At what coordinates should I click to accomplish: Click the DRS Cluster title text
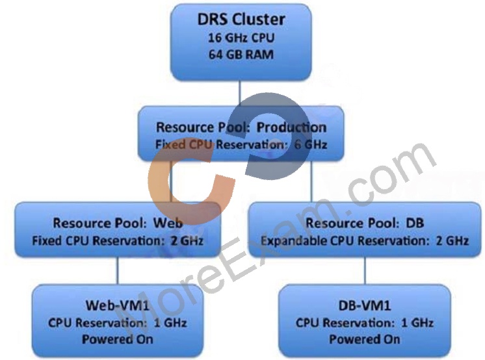click(241, 19)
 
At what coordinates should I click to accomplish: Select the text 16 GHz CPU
click(241, 38)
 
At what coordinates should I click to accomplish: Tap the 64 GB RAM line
click(241, 55)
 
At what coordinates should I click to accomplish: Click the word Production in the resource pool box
click(291, 127)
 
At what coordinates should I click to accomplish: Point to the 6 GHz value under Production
click(311, 144)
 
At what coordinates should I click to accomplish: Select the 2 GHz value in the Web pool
click(187, 240)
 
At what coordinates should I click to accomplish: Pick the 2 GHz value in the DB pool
click(452, 240)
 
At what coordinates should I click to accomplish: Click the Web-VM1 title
click(118, 305)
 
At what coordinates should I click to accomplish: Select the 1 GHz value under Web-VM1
click(170, 323)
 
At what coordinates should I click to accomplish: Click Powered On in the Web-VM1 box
click(118, 339)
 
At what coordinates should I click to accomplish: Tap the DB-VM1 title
click(365, 305)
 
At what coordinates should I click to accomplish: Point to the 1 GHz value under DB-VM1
click(417, 323)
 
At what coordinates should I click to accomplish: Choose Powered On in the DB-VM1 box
click(365, 339)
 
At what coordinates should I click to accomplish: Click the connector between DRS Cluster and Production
click(240, 94)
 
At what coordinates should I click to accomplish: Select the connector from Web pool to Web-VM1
click(118, 271)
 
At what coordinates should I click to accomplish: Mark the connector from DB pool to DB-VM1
click(365, 271)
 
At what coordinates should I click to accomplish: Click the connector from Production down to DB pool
click(312, 182)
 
